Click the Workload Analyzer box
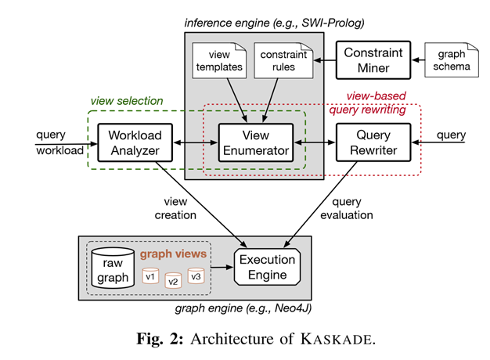(135, 142)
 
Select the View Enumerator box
(256, 142)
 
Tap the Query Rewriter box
(373, 142)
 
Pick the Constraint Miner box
(373, 60)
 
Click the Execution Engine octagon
(267, 267)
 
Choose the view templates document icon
(219, 60)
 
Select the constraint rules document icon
(284, 60)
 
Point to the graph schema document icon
(452, 60)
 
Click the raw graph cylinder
(113, 268)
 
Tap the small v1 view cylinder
(150, 276)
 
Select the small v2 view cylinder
(173, 281)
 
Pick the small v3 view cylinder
(196, 276)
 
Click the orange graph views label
(173, 254)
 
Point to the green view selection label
(127, 101)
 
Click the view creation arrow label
(175, 208)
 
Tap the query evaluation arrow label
(347, 208)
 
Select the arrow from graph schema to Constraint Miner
(418, 59)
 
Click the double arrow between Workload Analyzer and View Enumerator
(196, 142)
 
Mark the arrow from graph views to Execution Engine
(222, 267)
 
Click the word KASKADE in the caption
(337, 339)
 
